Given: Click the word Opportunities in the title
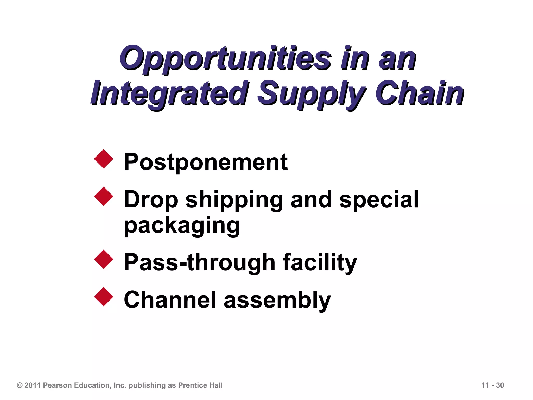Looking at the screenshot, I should (x=225, y=58).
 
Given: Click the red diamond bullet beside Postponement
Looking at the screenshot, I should (x=104, y=159).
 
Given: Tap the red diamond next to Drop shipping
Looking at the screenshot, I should (x=104, y=196).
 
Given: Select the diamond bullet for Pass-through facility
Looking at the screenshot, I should (x=104, y=259).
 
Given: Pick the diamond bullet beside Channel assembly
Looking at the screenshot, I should (x=104, y=297).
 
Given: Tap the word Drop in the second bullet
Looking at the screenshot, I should (x=151, y=200).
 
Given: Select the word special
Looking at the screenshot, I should (x=379, y=199).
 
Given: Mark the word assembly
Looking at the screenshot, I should (x=277, y=300).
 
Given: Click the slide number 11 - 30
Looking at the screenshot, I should (x=492, y=385).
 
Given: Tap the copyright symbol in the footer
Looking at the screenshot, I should (x=20, y=385).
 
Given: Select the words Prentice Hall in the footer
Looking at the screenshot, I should (x=200, y=385).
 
